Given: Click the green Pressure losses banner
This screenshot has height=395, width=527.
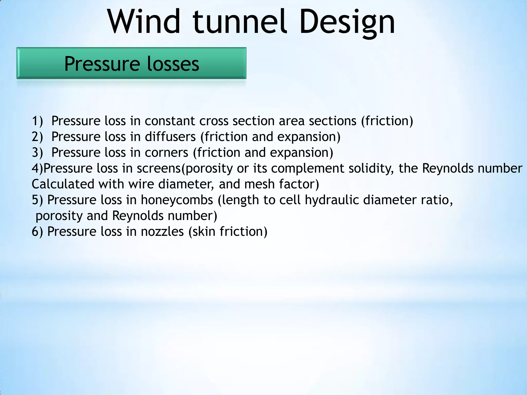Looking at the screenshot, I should pos(131,63).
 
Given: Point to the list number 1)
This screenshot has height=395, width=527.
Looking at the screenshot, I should pos(37,121).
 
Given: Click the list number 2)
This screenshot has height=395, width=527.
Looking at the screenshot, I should pos(37,137).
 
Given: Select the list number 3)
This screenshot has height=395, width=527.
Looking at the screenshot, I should pos(37,153).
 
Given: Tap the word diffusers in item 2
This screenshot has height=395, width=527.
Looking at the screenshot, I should pos(170,137).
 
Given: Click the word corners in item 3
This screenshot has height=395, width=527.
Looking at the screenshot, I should pos(166,153).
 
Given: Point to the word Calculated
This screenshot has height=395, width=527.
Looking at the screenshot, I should pos(63,184).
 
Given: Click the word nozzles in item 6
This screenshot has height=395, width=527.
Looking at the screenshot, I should pos(162,232).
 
